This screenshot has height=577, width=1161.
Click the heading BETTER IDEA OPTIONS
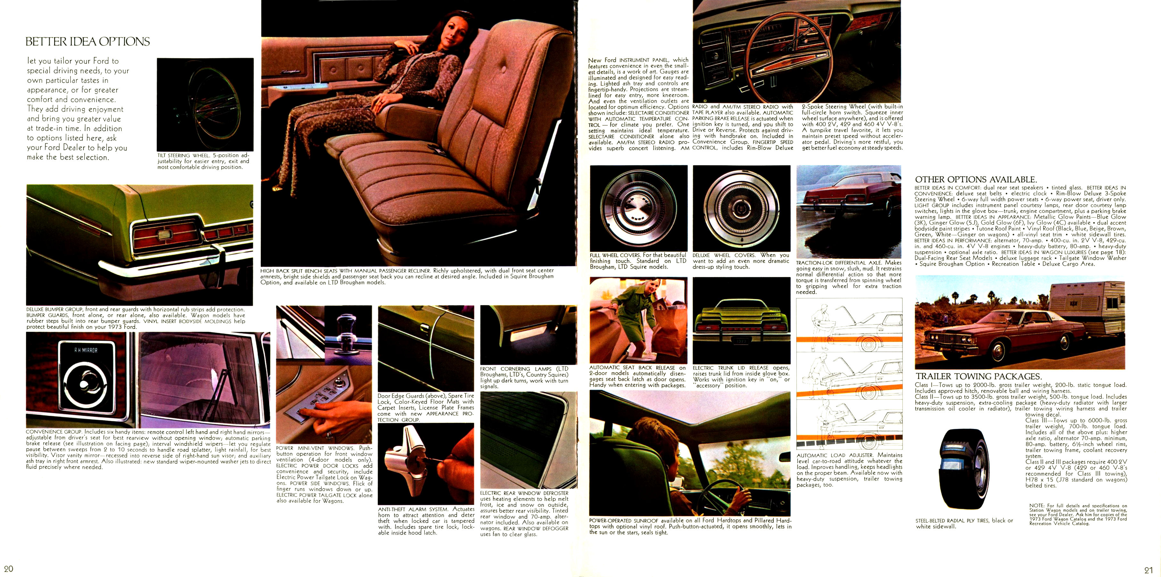[87, 41]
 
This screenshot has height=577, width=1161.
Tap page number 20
[9, 568]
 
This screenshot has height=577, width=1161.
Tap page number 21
[1148, 570]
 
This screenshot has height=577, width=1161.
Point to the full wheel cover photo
[638, 208]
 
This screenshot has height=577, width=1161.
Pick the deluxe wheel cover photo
[741, 208]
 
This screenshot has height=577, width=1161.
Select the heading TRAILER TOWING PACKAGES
[978, 376]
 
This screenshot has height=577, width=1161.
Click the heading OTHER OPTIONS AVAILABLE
[976, 180]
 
